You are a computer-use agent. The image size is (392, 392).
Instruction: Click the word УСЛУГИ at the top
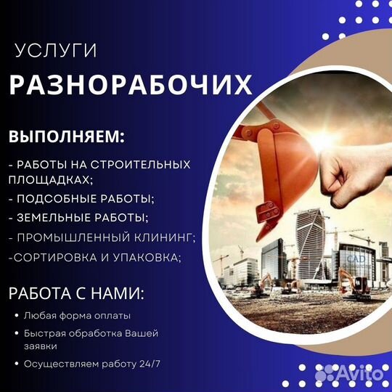pos(56,51)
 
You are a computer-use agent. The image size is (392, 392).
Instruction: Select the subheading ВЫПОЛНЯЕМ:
pos(67,136)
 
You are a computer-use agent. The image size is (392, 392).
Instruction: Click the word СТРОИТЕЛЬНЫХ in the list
pos(140,165)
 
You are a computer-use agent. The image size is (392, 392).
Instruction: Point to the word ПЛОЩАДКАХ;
pos(51,180)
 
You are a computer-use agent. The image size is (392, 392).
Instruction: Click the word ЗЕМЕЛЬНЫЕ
pos(54,218)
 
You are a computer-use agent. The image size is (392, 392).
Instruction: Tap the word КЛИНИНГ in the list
pos(165,237)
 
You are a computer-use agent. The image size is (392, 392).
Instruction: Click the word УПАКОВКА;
pos(147,258)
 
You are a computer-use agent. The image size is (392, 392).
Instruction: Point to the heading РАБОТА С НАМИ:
pos(76,293)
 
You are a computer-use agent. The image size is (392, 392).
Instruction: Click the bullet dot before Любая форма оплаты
pos(17,316)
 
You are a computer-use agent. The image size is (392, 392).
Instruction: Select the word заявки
pos(41,346)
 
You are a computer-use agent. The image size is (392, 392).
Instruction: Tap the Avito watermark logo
pos(349,374)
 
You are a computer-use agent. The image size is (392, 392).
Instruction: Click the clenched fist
pos(353,180)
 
